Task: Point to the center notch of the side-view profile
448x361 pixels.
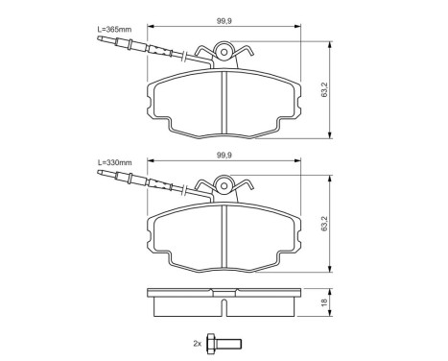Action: pos(224,308)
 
